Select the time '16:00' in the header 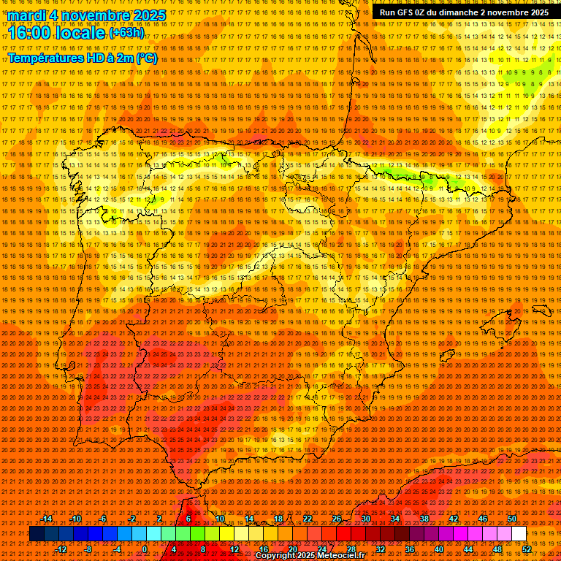30,34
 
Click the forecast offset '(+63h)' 126,33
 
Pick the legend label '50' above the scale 512,519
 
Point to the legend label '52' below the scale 527,549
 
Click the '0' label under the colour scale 145,549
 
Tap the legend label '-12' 61,549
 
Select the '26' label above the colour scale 337,519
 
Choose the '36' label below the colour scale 409,549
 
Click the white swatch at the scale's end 519,534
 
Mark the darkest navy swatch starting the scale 37,534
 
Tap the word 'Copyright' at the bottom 277,556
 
